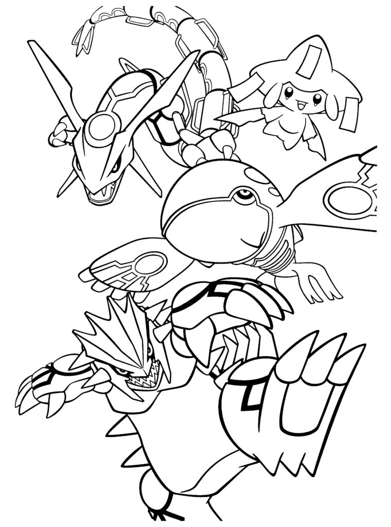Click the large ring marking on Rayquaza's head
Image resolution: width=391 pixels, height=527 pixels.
click(103, 127)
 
